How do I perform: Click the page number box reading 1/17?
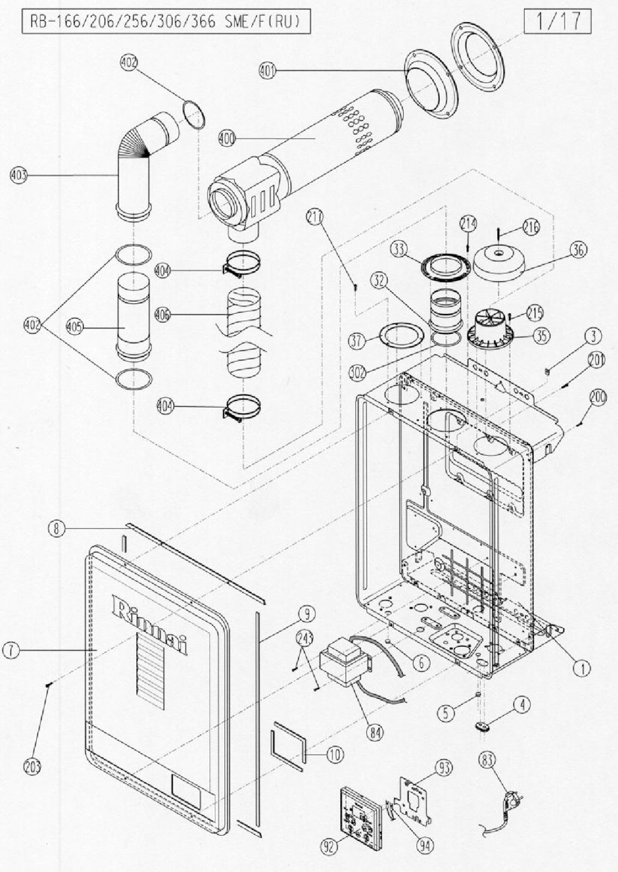557,22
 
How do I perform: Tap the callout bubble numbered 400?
226,139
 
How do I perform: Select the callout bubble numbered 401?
268,71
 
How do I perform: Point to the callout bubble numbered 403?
19,175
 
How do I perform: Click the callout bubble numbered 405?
74,326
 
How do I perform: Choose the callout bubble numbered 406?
162,315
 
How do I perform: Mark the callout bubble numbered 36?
578,250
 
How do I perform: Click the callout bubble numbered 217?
315,217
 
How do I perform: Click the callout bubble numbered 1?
583,669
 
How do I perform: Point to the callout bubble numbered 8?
56,529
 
